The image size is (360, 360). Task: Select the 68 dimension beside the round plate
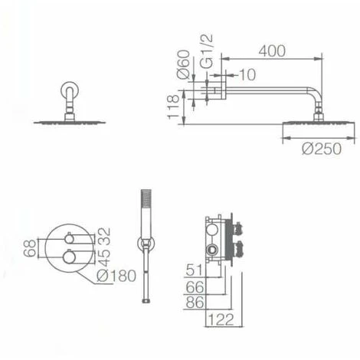(30, 247)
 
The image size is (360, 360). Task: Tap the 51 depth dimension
(195, 269)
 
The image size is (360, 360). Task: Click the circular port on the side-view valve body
(210, 250)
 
